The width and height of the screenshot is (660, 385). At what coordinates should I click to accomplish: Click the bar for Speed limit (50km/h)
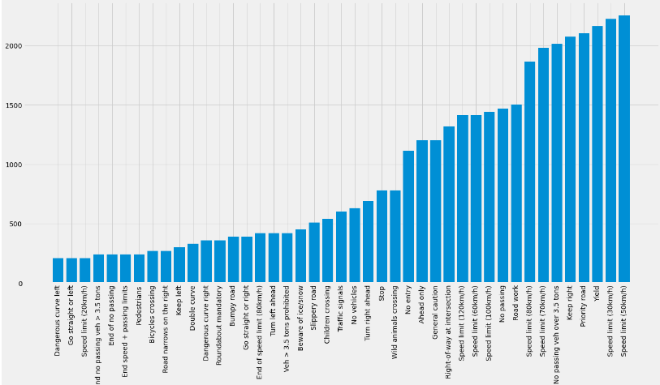[x=624, y=149]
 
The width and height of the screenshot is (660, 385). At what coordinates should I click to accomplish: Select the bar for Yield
[x=597, y=154]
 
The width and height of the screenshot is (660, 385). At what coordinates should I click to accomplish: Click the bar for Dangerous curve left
[x=58, y=271]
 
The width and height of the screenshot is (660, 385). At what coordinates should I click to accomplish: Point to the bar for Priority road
[x=584, y=158]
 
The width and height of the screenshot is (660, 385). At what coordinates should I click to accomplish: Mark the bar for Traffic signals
[x=341, y=247]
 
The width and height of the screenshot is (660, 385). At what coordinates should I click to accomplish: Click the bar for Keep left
[x=179, y=265]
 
